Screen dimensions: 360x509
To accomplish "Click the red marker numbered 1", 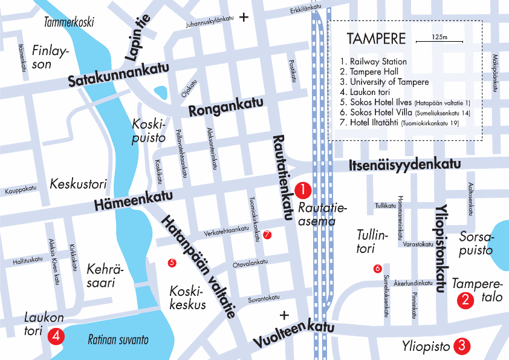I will pyautogui.click(x=303, y=191).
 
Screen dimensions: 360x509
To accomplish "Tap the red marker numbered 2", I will pyautogui.click(x=465, y=299).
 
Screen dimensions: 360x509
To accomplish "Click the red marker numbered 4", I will pyautogui.click(x=56, y=335).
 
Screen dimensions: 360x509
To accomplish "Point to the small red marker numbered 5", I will pyautogui.click(x=172, y=263).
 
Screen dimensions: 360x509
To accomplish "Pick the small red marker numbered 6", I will pyautogui.click(x=378, y=268).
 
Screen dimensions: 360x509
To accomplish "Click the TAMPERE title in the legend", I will pyautogui.click(x=376, y=39).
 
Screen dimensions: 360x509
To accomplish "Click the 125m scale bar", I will pyautogui.click(x=439, y=41).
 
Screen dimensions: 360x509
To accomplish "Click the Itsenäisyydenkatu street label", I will pyautogui.click(x=405, y=165).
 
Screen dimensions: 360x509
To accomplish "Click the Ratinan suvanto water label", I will pyautogui.click(x=118, y=339).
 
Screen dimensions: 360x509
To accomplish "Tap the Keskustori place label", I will pyautogui.click(x=78, y=183).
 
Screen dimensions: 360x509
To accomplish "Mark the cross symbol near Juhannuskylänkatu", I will pyautogui.click(x=244, y=18).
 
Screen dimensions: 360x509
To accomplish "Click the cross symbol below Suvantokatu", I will pyautogui.click(x=284, y=315).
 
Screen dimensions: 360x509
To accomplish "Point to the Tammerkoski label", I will pyautogui.click(x=70, y=23).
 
